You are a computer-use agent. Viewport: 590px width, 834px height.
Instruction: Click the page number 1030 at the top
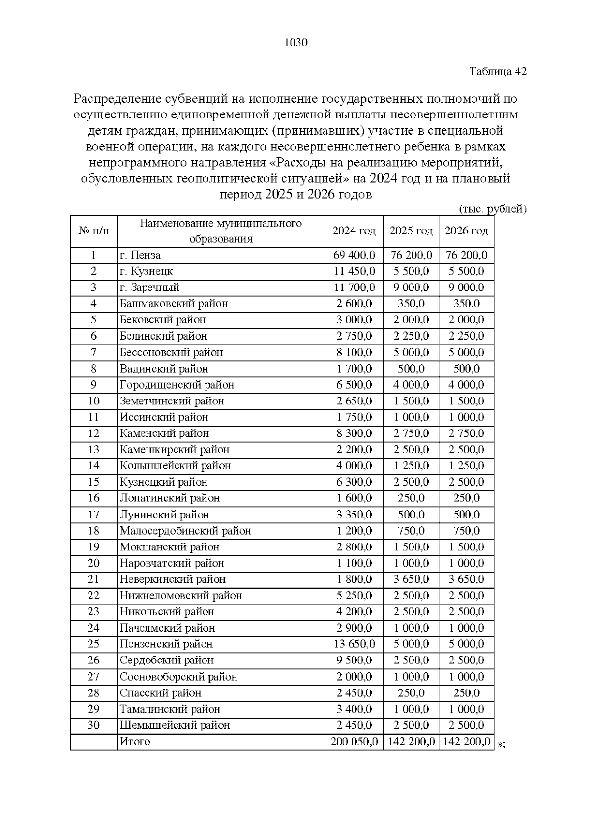point(296,43)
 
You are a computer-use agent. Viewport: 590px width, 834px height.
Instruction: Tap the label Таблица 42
point(498,71)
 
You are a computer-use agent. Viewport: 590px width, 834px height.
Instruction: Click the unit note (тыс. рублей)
point(493,209)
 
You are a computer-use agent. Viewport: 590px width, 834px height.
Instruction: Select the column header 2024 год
point(354,231)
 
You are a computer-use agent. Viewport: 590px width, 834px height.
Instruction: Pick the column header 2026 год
point(466,231)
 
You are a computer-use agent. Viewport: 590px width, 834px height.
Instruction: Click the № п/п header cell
point(93,231)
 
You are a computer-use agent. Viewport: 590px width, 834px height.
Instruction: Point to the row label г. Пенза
point(140,255)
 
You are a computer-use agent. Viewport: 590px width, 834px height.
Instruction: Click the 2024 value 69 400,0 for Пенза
point(354,255)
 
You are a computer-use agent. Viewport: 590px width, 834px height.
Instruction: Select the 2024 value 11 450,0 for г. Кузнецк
point(354,271)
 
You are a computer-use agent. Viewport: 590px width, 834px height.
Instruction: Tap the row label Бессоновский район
point(171,352)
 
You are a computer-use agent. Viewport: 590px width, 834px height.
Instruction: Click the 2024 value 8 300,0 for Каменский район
point(354,433)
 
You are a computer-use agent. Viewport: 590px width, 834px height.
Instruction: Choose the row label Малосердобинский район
point(185,531)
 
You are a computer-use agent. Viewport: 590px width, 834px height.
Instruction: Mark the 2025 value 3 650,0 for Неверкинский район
point(411,579)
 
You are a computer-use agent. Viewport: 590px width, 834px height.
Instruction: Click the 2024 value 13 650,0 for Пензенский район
point(354,644)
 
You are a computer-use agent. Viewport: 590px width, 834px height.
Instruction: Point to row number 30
point(93,725)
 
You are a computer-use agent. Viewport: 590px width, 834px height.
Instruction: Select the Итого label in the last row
point(135,742)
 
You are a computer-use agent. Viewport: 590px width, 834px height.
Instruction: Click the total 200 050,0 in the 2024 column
point(354,742)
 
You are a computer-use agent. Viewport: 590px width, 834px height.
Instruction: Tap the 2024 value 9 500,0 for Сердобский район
point(354,661)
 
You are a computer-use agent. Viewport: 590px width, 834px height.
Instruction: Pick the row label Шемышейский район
point(175,725)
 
